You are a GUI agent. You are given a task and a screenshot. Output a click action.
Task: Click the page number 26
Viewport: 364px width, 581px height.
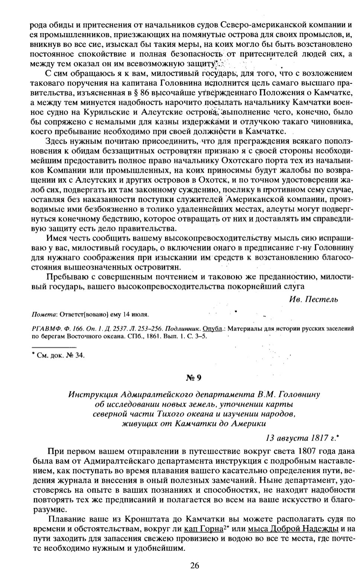point(195,566)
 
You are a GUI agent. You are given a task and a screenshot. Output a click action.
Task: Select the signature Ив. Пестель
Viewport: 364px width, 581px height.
point(313,300)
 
